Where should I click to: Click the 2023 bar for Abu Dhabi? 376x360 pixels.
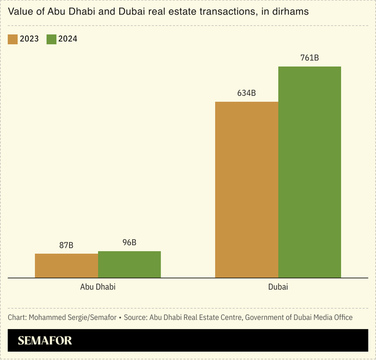pyautogui.click(x=66, y=266)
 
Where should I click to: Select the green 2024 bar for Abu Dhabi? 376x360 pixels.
pyautogui.click(x=129, y=265)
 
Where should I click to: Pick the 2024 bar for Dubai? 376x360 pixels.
pyautogui.click(x=309, y=172)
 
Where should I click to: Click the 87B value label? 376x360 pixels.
pyautogui.click(x=66, y=245)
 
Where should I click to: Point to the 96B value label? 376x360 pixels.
pyautogui.click(x=129, y=242)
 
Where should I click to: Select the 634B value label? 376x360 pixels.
pyautogui.click(x=246, y=93)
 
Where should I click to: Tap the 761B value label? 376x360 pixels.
pyautogui.click(x=309, y=58)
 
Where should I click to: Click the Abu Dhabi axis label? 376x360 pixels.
pyautogui.click(x=98, y=287)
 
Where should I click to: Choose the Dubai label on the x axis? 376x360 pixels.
pyautogui.click(x=278, y=287)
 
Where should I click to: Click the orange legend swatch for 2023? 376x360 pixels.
pyautogui.click(x=13, y=39)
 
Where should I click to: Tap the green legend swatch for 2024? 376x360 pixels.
pyautogui.click(x=51, y=39)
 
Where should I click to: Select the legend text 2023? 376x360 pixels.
pyautogui.click(x=29, y=39)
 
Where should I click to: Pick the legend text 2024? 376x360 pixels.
pyautogui.click(x=68, y=39)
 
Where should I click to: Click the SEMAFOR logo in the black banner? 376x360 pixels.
pyautogui.click(x=45, y=341)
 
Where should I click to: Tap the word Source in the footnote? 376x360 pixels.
pyautogui.click(x=135, y=317)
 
